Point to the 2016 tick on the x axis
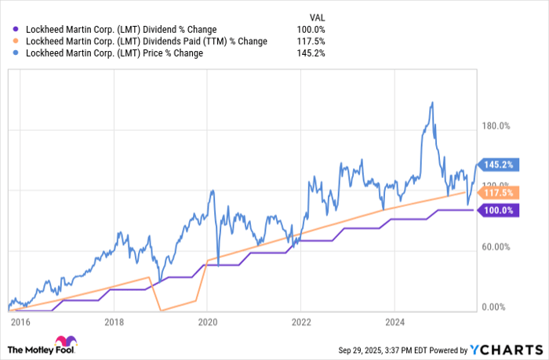pyautogui.click(x=20, y=321)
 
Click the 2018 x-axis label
pyautogui.click(x=114, y=321)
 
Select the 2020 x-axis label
pyautogui.click(x=207, y=321)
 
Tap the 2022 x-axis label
pyautogui.click(x=301, y=321)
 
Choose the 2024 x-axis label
pyautogui.click(x=394, y=321)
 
